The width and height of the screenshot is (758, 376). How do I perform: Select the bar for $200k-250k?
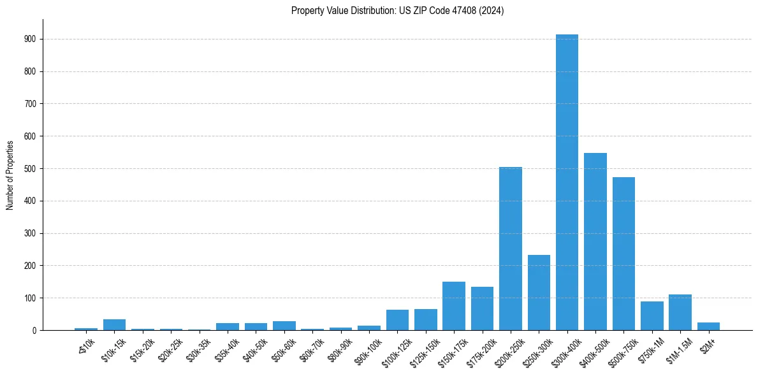510,249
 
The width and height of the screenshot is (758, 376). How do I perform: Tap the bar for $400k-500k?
595,242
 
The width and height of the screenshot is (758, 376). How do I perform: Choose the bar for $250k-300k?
539,293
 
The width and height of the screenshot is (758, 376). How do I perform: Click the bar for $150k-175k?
454,306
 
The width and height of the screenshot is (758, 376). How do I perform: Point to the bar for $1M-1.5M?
680,312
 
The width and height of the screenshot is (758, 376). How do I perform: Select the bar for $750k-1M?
652,316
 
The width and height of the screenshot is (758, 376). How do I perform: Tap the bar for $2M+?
708,326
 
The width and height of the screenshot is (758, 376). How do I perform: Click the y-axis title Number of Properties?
10,175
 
